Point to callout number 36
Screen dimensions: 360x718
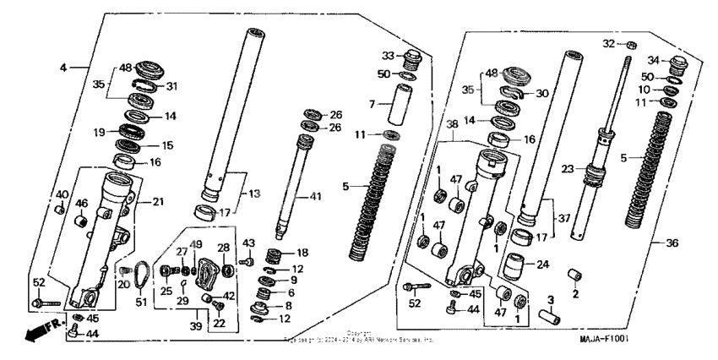pyautogui.click(x=672, y=243)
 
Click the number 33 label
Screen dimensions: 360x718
pyautogui.click(x=387, y=56)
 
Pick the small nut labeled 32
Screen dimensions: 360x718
pyautogui.click(x=632, y=44)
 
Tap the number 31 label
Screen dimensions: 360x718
pyautogui.click(x=172, y=86)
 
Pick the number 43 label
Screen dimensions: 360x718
pyautogui.click(x=248, y=243)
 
